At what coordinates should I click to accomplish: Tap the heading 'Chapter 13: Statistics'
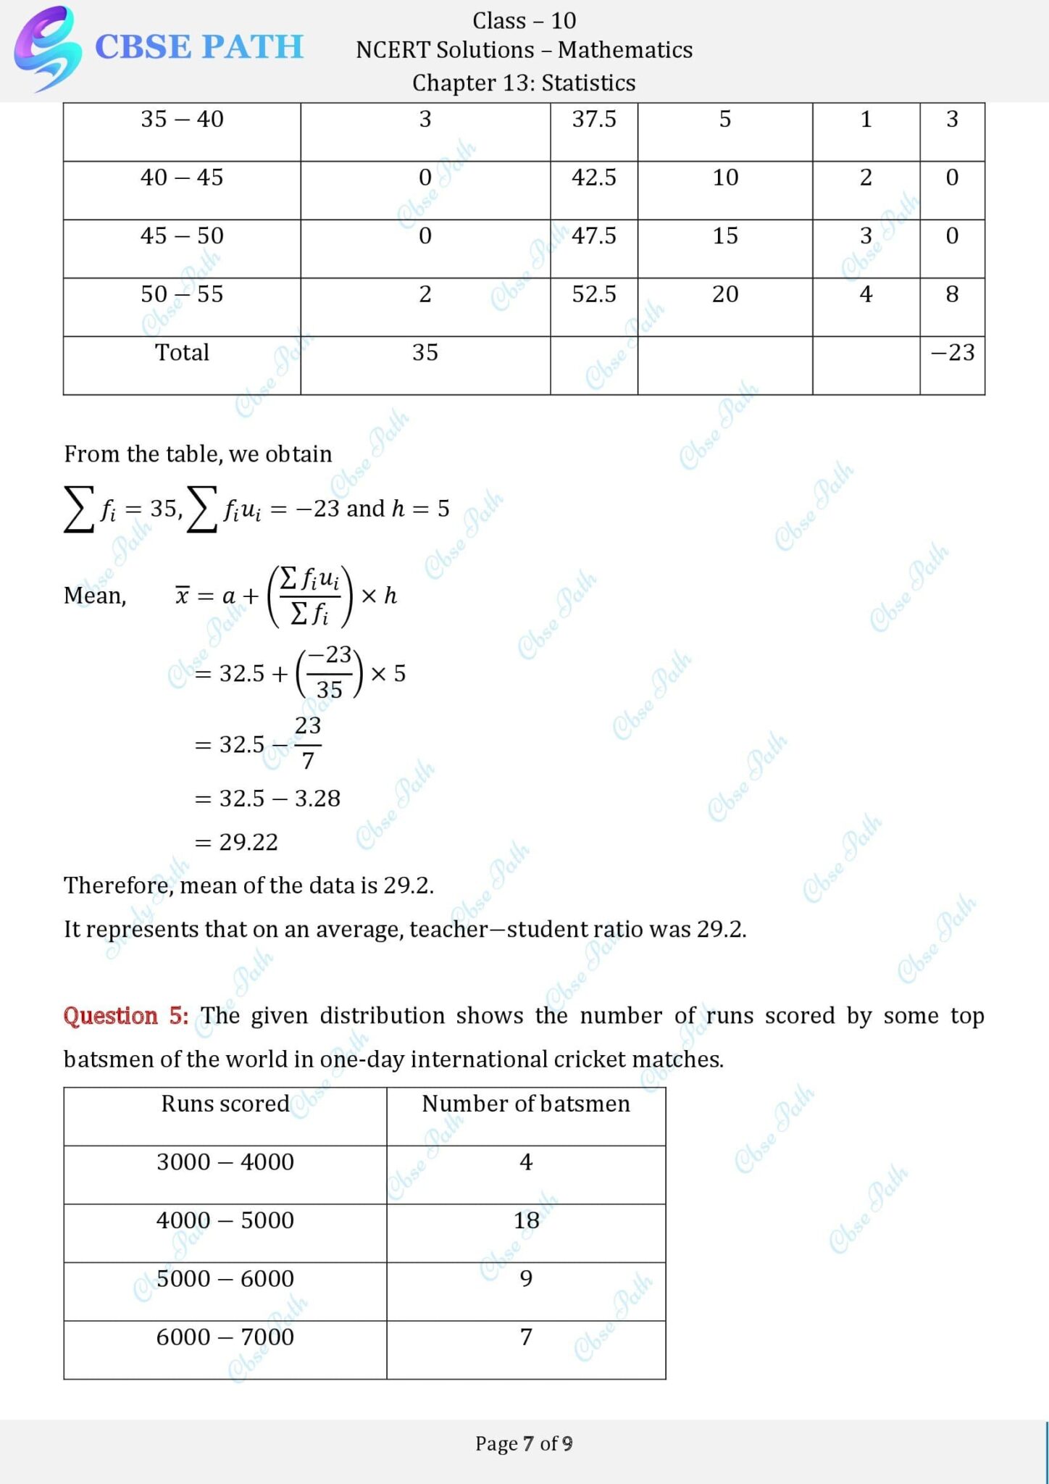pyautogui.click(x=524, y=83)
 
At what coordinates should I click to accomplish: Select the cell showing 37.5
pyautogui.click(x=594, y=119)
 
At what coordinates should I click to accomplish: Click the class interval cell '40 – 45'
pyautogui.click(x=182, y=178)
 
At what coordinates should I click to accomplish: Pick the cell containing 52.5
pyautogui.click(x=594, y=294)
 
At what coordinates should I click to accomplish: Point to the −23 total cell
pyautogui.click(x=952, y=353)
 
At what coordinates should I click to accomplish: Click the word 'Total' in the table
pyautogui.click(x=182, y=353)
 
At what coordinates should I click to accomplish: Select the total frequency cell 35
pyautogui.click(x=425, y=353)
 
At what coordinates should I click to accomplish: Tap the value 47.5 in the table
pyautogui.click(x=594, y=236)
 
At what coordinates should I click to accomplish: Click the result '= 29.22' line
pyautogui.click(x=237, y=842)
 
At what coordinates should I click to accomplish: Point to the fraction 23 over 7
pyautogui.click(x=308, y=743)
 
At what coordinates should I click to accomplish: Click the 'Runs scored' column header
pyautogui.click(x=225, y=1104)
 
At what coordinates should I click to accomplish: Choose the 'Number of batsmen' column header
pyautogui.click(x=526, y=1104)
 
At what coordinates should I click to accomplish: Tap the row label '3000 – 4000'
pyautogui.click(x=225, y=1162)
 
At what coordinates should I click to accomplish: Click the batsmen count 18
pyautogui.click(x=527, y=1220)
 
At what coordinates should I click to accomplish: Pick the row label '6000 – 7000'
pyautogui.click(x=225, y=1337)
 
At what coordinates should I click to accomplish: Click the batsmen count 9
pyautogui.click(x=527, y=1279)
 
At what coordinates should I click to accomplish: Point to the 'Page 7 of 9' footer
pyautogui.click(x=524, y=1443)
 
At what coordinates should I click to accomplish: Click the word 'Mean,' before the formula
pyautogui.click(x=95, y=596)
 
